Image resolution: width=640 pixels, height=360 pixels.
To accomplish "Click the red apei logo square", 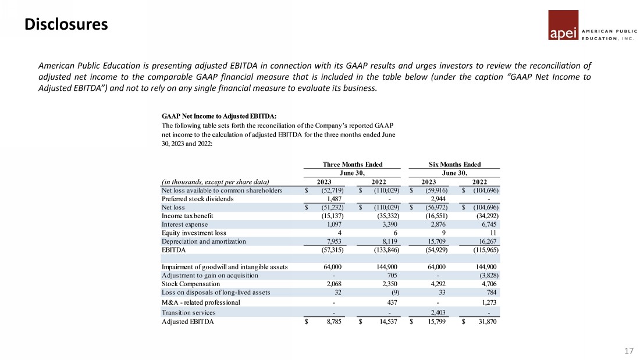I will (x=563, y=26).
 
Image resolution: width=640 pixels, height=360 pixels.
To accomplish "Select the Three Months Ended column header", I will (x=353, y=165).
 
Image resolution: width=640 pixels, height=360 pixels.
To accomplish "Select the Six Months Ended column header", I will (x=455, y=165).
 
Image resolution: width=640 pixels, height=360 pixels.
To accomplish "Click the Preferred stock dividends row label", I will (x=197, y=198).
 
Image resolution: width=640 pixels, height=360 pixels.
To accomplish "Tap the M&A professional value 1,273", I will (x=490, y=302).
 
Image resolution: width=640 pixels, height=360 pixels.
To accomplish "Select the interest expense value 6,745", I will (x=490, y=224).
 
